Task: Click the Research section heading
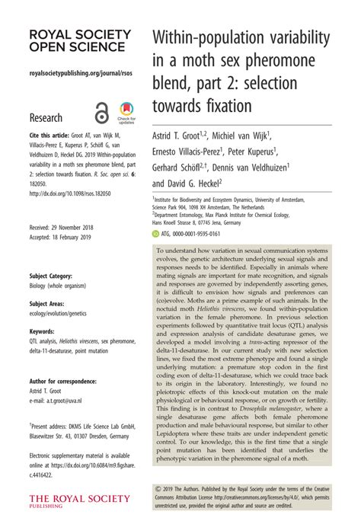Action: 48,118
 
